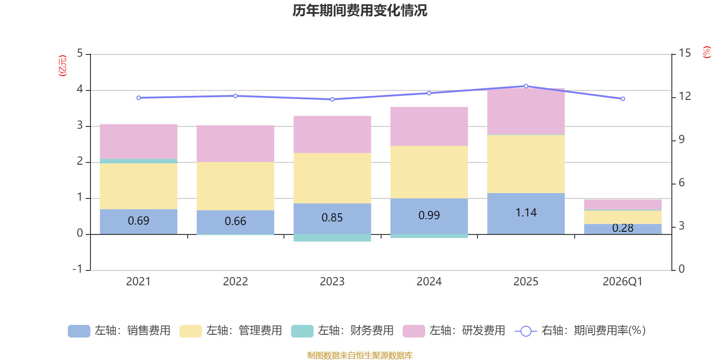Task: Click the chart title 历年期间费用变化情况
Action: [360, 10]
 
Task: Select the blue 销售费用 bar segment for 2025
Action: [526, 213]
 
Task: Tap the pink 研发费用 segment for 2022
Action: [235, 143]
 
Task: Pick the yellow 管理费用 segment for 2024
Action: [429, 171]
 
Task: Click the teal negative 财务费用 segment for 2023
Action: [332, 238]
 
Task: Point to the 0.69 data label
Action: [138, 221]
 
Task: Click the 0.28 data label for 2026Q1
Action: [622, 228]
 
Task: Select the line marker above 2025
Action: [526, 86]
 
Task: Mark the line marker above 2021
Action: [138, 98]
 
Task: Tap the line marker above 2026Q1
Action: [623, 99]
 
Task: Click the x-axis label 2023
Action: [332, 282]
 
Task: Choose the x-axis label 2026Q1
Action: [622, 282]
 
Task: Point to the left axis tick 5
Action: [80, 54]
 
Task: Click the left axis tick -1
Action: [78, 269]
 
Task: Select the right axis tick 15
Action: [684, 54]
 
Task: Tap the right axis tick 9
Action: [681, 139]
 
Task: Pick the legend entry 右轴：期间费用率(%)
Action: [582, 331]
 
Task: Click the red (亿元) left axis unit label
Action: [63, 66]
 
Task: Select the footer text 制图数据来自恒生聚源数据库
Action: [360, 355]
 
